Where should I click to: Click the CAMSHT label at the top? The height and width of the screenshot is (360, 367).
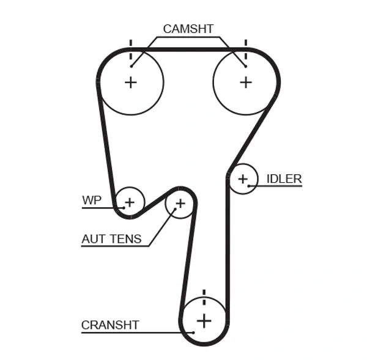pyautogui.click(x=188, y=28)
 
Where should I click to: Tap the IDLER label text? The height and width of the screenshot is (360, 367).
pyautogui.click(x=284, y=178)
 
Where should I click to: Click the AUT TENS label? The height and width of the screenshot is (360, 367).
pyautogui.click(x=111, y=239)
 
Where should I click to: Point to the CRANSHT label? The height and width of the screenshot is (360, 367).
pyautogui.click(x=110, y=325)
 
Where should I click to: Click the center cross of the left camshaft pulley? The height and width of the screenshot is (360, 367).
pyautogui.click(x=130, y=82)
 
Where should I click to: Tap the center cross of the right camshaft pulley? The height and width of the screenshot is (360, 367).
pyautogui.click(x=245, y=82)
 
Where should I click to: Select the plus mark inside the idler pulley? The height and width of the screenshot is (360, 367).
pyautogui.click(x=243, y=178)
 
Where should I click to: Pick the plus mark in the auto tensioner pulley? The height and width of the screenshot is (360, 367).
pyautogui.click(x=180, y=202)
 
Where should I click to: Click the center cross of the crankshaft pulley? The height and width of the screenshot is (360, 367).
pyautogui.click(x=204, y=320)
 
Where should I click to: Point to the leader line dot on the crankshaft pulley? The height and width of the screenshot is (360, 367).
pyautogui.click(x=193, y=332)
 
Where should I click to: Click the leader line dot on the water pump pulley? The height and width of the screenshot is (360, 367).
pyautogui.click(x=124, y=208)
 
